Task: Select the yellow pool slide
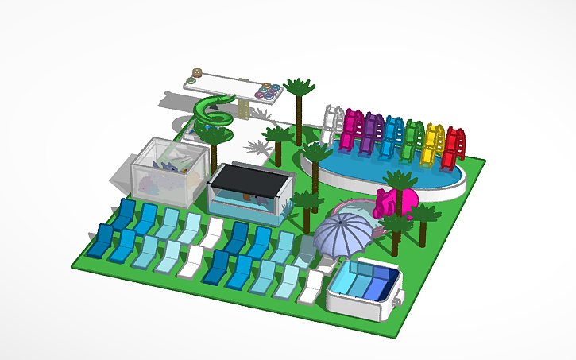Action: [x=433, y=145]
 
